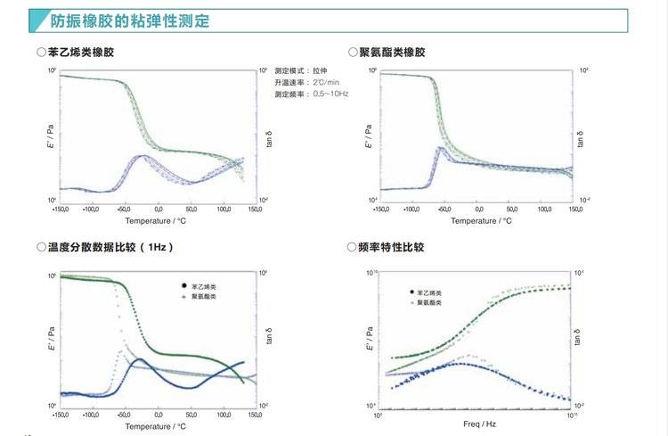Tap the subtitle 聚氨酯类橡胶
[x=392, y=53]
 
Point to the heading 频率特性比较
[x=392, y=247]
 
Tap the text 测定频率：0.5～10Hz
[x=312, y=93]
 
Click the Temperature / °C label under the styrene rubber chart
[x=155, y=220]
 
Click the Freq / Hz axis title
[x=474, y=425]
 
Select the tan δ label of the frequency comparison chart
[x=581, y=341]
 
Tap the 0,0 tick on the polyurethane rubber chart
[x=478, y=209]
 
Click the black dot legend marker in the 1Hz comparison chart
[x=183, y=286]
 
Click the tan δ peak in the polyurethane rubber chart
[x=440, y=148]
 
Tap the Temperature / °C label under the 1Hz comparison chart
[x=155, y=426]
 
